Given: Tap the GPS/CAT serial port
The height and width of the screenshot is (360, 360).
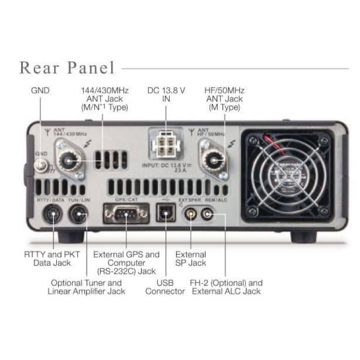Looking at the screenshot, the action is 126,213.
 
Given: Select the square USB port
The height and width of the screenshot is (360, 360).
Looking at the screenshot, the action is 166,213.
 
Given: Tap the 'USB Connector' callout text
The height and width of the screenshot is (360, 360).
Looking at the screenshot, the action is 166,287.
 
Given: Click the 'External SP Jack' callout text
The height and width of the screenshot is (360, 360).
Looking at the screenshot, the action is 191,258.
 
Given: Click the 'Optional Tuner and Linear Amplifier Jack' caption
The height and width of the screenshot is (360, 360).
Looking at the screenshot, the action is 86,287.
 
